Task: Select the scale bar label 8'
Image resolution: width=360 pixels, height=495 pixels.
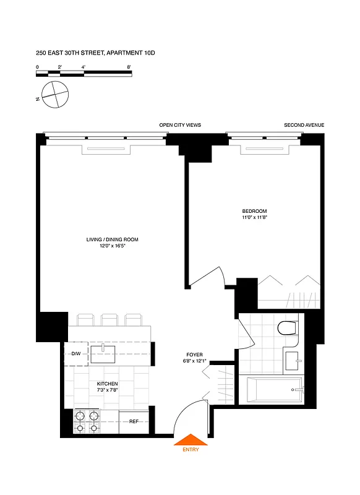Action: tap(129, 66)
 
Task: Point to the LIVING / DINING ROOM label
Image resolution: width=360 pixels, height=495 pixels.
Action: tap(112, 239)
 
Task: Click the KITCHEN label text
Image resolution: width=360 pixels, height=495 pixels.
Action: tap(107, 384)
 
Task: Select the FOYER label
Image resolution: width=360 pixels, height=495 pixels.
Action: tap(194, 355)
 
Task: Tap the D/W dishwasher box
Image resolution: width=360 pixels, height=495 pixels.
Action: tap(76, 354)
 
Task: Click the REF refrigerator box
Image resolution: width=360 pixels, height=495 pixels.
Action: tap(134, 421)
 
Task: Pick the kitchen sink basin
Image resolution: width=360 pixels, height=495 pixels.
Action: tap(104, 354)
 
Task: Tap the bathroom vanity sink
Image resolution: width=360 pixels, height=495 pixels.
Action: tap(291, 359)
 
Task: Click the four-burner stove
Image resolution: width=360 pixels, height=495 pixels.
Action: tap(87, 421)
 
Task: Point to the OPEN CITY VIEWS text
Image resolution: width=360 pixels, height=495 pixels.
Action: tap(180, 125)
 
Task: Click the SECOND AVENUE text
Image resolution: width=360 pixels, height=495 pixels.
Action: tap(304, 125)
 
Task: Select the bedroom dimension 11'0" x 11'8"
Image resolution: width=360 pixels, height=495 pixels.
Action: tap(254, 218)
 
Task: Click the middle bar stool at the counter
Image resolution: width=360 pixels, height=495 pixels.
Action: tap(109, 319)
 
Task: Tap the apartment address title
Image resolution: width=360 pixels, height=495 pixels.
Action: tap(95, 54)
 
